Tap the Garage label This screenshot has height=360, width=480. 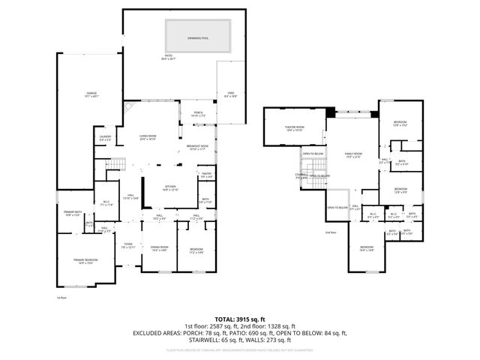pos(91,94)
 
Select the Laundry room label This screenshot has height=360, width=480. pos(105,138)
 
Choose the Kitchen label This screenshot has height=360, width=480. pos(172,189)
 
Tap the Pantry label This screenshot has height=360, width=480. pos(206,175)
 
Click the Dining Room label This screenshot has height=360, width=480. pos(159,248)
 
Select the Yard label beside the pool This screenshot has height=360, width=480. pos(231,95)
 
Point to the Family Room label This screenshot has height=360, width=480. pos(352,155)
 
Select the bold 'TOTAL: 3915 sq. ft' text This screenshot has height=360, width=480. pos(240,319)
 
